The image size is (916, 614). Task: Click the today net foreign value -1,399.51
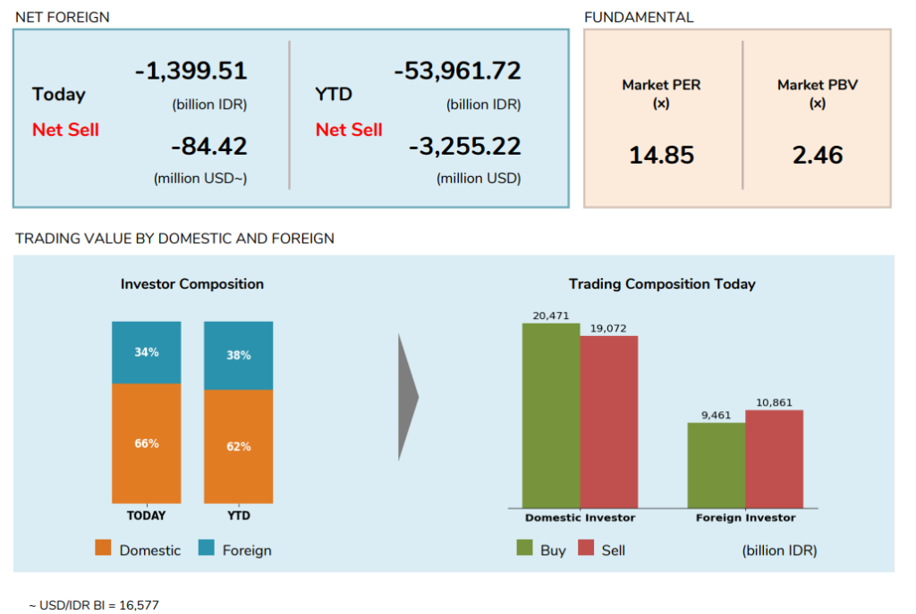tap(191, 71)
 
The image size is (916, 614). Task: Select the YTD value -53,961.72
tap(457, 71)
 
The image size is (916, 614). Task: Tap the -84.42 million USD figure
tap(209, 146)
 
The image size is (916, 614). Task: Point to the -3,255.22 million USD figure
tap(464, 146)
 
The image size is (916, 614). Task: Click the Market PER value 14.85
tap(661, 156)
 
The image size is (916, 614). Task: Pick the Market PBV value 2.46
tap(817, 156)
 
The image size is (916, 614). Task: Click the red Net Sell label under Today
tap(65, 130)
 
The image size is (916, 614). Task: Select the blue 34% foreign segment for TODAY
tap(147, 352)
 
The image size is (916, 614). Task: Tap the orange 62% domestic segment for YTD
tap(239, 446)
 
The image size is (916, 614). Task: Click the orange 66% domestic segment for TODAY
tap(147, 443)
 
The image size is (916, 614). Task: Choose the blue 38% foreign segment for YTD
tap(239, 356)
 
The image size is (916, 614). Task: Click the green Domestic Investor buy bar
tap(551, 416)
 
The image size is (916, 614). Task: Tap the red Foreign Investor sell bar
tap(774, 458)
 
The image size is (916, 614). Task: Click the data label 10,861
tap(774, 403)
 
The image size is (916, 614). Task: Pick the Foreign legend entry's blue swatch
tap(206, 549)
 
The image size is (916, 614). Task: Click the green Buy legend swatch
tap(525, 549)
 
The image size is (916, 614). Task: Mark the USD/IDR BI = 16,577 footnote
tap(94, 605)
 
